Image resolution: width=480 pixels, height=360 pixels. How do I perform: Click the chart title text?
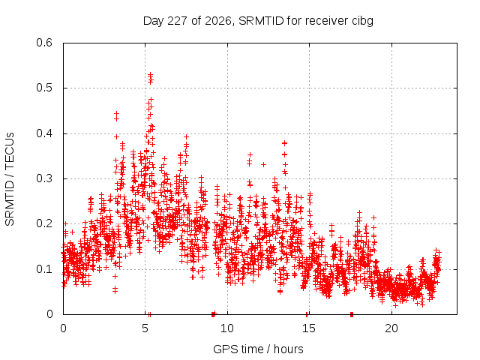[x=258, y=21]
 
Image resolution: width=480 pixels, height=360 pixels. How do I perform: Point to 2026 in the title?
[x=218, y=21]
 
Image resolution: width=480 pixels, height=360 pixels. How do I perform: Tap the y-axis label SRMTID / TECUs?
[x=10, y=179]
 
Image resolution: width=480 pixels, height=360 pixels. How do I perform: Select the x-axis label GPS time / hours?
[x=258, y=349]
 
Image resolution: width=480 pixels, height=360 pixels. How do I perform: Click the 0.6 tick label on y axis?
[x=44, y=43]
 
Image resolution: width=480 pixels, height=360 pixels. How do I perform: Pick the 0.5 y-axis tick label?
[x=44, y=88]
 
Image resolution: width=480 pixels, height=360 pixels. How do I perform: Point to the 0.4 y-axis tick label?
[x=44, y=133]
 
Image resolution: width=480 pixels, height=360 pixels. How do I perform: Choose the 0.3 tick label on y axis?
[x=44, y=178]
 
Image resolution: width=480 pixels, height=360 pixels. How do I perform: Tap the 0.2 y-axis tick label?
[x=44, y=223]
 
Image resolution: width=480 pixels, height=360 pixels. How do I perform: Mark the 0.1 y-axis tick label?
[x=44, y=269]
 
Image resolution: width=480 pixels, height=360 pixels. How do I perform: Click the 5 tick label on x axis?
[x=145, y=328]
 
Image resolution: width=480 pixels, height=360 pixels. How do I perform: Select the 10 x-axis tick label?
[x=227, y=328]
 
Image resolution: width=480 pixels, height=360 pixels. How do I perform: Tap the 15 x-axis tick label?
[x=309, y=328]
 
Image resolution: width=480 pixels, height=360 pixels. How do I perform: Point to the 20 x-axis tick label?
[x=391, y=328]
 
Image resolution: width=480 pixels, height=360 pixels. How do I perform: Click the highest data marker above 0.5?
[x=150, y=74]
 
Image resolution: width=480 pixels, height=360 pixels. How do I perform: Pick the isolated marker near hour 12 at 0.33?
[x=263, y=165]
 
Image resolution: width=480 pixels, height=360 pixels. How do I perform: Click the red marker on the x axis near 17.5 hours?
[x=352, y=314]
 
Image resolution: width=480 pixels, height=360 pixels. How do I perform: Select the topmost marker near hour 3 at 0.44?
[x=116, y=113]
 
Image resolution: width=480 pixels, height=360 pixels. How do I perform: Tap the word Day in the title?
[x=153, y=22]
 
